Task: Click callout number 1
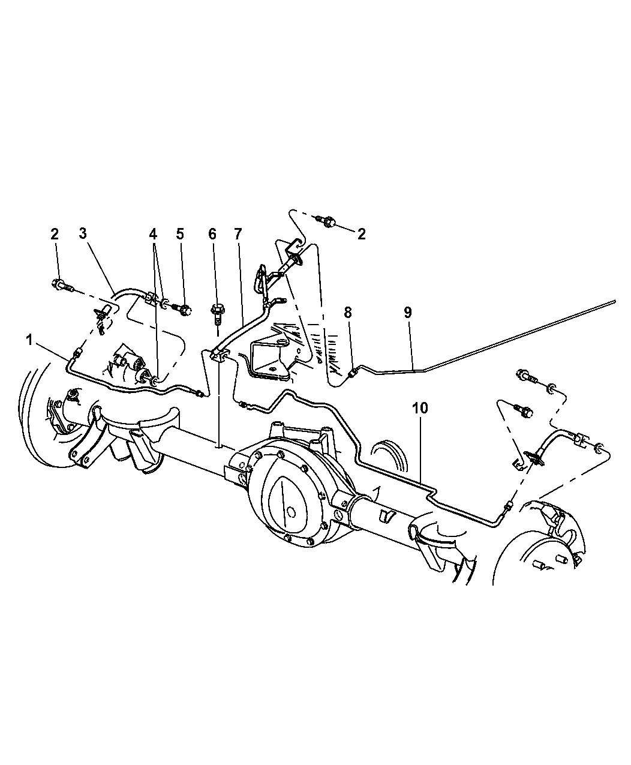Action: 29,341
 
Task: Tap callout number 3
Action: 83,233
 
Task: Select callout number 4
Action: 153,233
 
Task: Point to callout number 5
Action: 180,233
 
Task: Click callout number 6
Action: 212,233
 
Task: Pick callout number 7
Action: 238,233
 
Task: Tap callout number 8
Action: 347,313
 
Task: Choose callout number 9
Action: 408,313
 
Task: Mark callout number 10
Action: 420,408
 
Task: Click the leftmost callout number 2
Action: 55,233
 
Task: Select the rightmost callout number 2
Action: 361,233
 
